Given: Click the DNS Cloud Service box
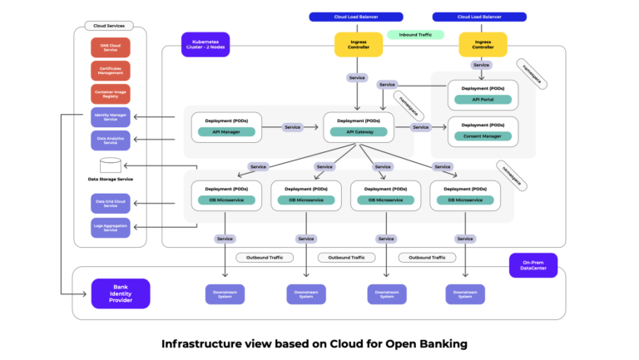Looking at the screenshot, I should pyautogui.click(x=111, y=47).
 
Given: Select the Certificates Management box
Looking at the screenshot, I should pyautogui.click(x=111, y=71).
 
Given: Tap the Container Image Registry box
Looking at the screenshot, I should pyautogui.click(x=111, y=94).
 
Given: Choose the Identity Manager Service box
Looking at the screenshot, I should pyautogui.click(x=111, y=117).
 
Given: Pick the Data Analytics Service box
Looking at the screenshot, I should pyautogui.click(x=111, y=141).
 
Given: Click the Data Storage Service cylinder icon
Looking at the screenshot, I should pyautogui.click(x=111, y=165).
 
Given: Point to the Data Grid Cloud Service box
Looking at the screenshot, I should pyautogui.click(x=111, y=203).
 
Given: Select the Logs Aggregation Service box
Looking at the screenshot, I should pyautogui.click(x=111, y=227).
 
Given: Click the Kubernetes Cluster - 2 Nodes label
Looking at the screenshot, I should pyautogui.click(x=205, y=44).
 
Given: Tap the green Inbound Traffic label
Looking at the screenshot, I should pyautogui.click(x=414, y=35).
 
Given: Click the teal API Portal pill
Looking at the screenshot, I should pyautogui.click(x=483, y=100).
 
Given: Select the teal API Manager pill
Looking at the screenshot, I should pyautogui.click(x=226, y=131).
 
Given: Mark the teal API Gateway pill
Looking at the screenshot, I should pyautogui.click(x=358, y=131).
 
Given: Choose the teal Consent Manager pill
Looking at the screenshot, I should pyautogui.click(x=483, y=136).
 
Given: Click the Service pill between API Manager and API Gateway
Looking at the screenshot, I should pyautogui.click(x=292, y=127).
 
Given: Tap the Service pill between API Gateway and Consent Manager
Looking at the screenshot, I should pyautogui.click(x=420, y=127).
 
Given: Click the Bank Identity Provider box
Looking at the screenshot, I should pyautogui.click(x=121, y=293).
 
